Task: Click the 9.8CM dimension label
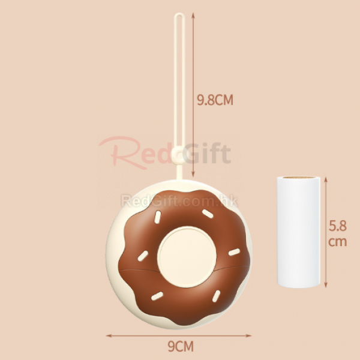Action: pos(215,100)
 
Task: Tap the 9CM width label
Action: pos(181,346)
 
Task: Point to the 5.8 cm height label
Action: pos(337,233)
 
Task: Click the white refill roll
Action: pos(298,232)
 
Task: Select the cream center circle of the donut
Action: pos(187,257)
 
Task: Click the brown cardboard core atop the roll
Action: pos(298,178)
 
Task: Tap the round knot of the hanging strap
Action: pos(179,155)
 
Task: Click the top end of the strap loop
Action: pos(179,14)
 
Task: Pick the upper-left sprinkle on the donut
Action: pos(157,217)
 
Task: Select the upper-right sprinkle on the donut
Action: pos(208,214)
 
